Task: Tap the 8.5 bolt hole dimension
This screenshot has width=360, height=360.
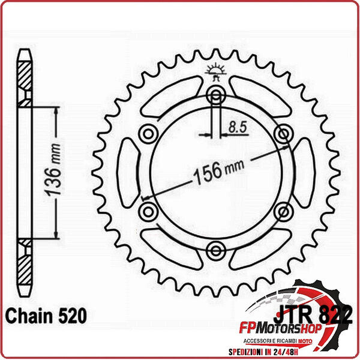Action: (x=235, y=127)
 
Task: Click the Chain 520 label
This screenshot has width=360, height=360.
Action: (x=46, y=315)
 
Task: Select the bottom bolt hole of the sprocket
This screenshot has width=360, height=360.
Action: (x=215, y=248)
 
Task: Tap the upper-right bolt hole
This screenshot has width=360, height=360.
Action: (x=282, y=133)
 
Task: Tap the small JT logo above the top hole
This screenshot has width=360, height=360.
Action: (x=215, y=71)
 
